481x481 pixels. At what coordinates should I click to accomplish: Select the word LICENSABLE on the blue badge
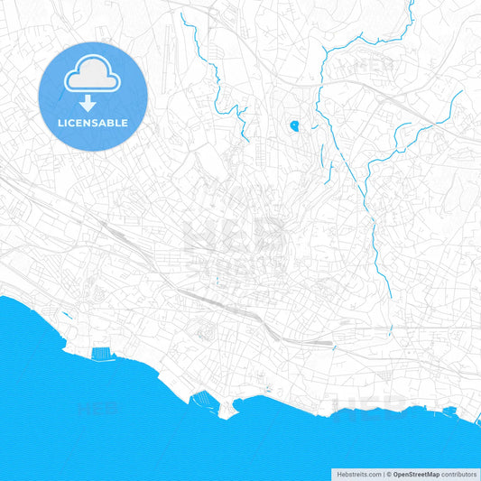point(93,123)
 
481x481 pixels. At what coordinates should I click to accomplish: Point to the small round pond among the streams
point(294,126)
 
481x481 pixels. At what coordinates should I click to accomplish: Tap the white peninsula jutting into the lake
point(226,411)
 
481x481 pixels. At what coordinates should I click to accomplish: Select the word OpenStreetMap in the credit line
point(416,473)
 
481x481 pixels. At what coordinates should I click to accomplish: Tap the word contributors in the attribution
point(459,473)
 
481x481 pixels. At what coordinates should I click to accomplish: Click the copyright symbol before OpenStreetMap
point(389,473)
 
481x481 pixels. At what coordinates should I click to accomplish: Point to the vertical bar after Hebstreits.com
point(383,473)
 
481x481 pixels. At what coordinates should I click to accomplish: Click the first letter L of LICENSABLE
point(60,123)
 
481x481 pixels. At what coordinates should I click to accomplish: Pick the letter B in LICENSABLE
point(112,123)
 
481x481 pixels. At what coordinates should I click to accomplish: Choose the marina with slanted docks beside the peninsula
point(205,398)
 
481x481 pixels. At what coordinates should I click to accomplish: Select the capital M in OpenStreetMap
point(430,473)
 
